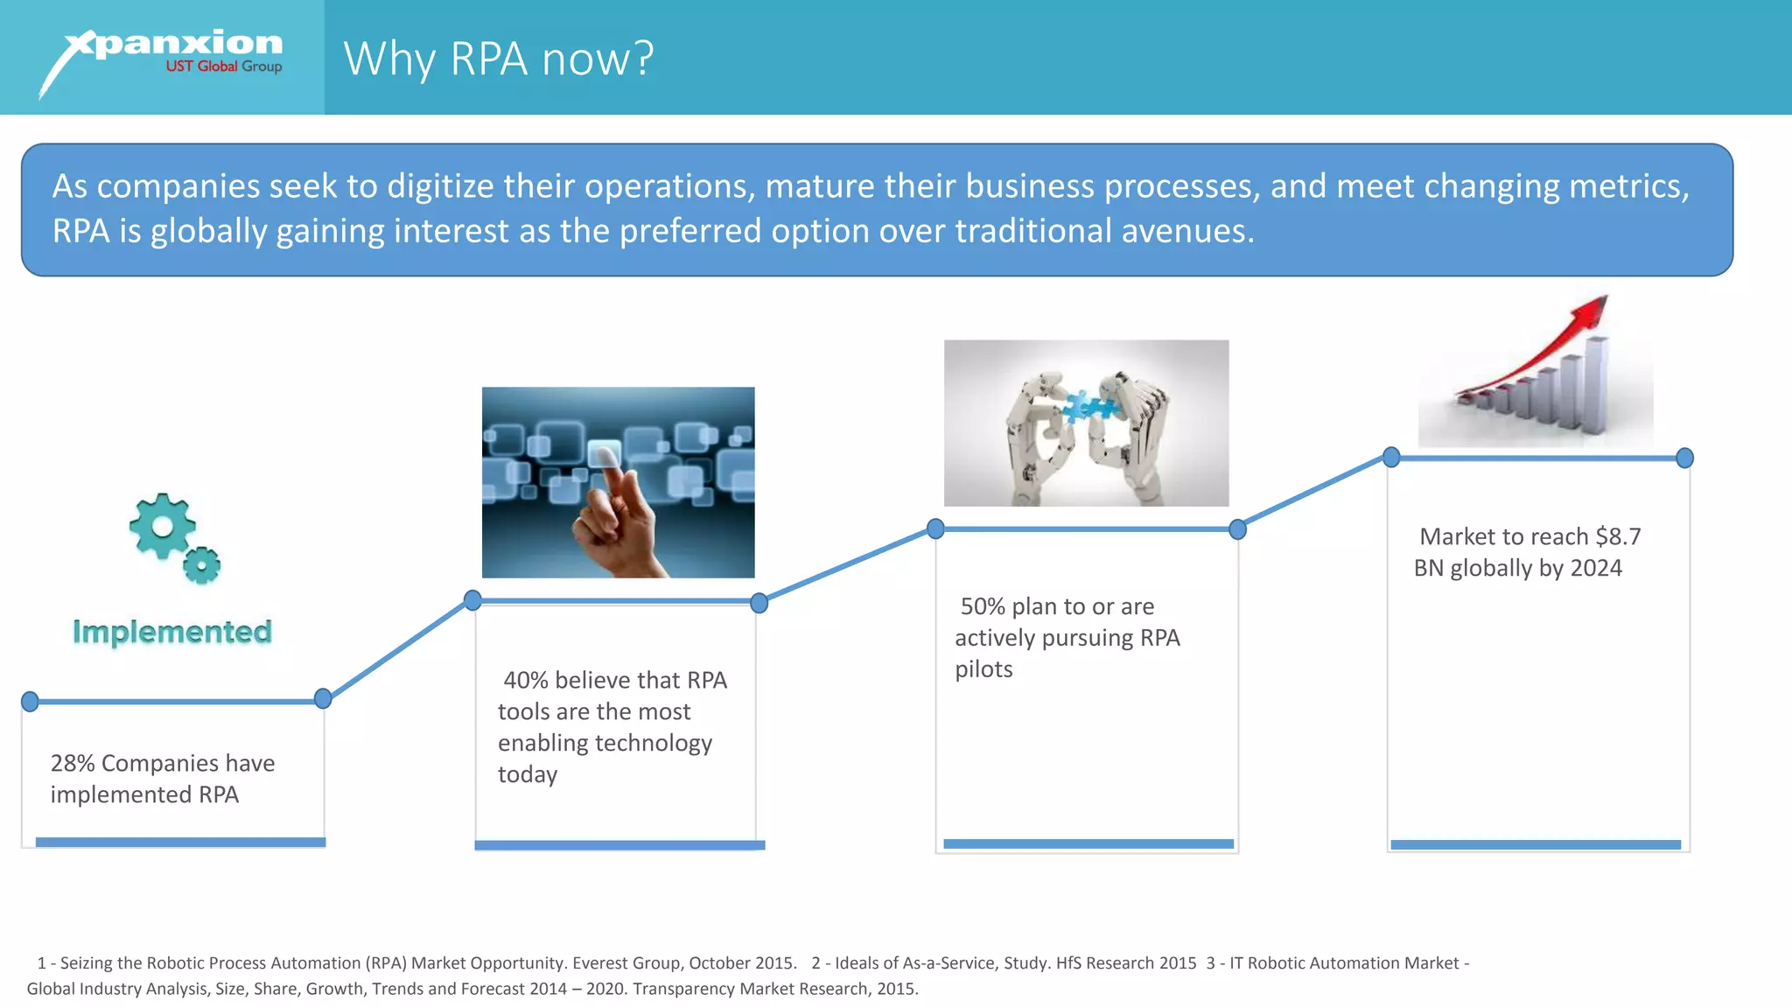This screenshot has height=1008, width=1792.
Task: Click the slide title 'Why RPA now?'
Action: [x=498, y=59]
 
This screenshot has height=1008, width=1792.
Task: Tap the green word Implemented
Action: [x=172, y=632]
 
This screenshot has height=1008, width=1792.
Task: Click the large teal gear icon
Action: [x=162, y=526]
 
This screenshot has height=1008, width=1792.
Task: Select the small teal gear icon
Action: [x=202, y=565]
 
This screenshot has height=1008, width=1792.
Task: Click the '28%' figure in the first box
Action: [x=72, y=763]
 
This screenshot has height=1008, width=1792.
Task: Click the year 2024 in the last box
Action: [x=1596, y=568]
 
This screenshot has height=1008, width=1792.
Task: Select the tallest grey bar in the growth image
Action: [x=1597, y=385]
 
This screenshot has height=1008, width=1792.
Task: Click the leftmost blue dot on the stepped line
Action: [x=30, y=701]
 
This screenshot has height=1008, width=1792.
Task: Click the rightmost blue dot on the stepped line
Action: [x=1684, y=458]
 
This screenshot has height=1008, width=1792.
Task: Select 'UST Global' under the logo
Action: [x=201, y=66]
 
